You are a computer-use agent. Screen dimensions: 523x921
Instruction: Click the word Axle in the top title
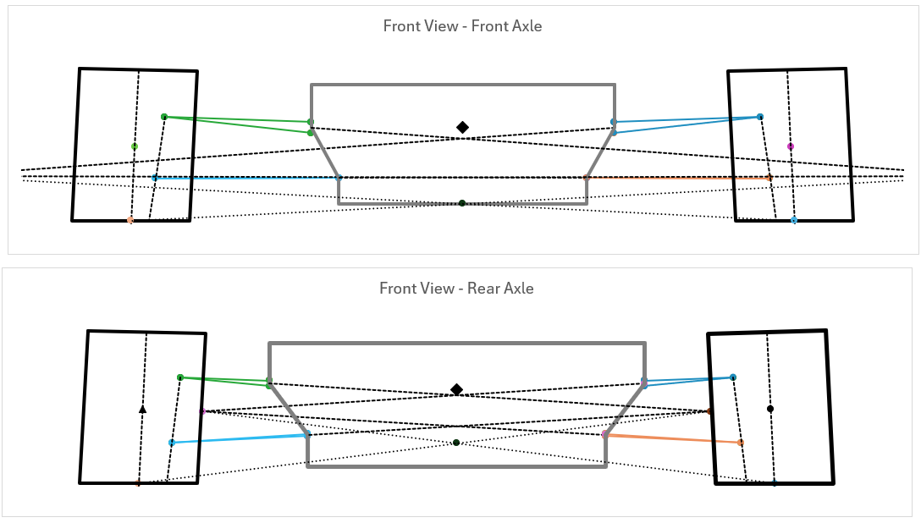tap(526, 26)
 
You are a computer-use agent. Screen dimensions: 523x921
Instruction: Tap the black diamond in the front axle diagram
tap(462, 127)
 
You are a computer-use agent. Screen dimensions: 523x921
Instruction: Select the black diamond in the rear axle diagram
tap(457, 389)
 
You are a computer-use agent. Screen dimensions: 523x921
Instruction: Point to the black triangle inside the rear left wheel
tap(143, 409)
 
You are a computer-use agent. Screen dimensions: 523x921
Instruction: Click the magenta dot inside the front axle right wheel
tap(791, 146)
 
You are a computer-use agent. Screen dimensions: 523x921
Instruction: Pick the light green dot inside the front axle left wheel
tap(135, 146)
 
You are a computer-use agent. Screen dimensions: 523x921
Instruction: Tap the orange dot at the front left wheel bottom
tap(130, 220)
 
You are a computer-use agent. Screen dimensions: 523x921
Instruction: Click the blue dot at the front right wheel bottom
tap(794, 220)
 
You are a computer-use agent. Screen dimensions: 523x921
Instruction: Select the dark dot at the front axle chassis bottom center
tap(462, 203)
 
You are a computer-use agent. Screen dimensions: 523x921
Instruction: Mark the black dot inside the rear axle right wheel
tap(769, 409)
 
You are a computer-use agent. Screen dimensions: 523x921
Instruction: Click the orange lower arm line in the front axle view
tap(677, 178)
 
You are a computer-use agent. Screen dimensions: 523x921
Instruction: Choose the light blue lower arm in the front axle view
tap(245, 178)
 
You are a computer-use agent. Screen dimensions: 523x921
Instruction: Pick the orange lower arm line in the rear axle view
tap(673, 438)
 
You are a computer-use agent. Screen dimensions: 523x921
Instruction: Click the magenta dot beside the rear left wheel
tap(203, 411)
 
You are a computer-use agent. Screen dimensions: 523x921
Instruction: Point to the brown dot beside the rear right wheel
tap(709, 411)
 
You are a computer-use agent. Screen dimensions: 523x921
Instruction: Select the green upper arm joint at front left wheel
tap(164, 117)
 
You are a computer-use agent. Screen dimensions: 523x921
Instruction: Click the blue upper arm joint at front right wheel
tap(760, 117)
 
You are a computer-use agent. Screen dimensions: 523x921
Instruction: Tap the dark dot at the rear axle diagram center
tap(456, 443)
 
